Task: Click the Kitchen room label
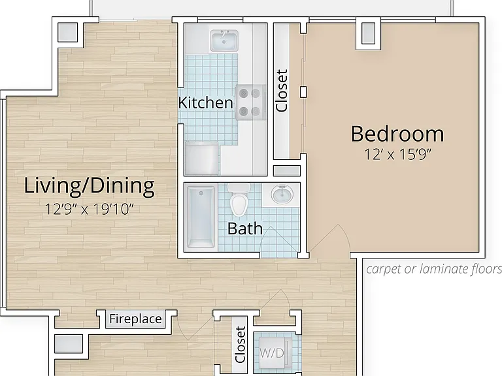click(205, 102)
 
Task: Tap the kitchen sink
click(224, 41)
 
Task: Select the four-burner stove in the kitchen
click(251, 102)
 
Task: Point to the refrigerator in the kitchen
click(202, 158)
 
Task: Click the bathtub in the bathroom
click(201, 217)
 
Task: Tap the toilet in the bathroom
click(239, 200)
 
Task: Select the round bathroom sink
click(282, 194)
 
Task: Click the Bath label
click(245, 228)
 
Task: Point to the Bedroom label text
click(397, 134)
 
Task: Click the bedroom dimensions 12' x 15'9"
click(397, 155)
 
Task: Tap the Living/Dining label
click(90, 186)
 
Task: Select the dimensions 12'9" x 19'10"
click(89, 210)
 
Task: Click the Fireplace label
click(135, 319)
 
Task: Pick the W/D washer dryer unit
click(271, 352)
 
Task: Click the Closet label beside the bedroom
click(282, 91)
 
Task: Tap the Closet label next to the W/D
click(240, 345)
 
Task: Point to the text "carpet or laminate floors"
click(434, 269)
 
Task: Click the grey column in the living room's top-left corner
click(68, 32)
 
